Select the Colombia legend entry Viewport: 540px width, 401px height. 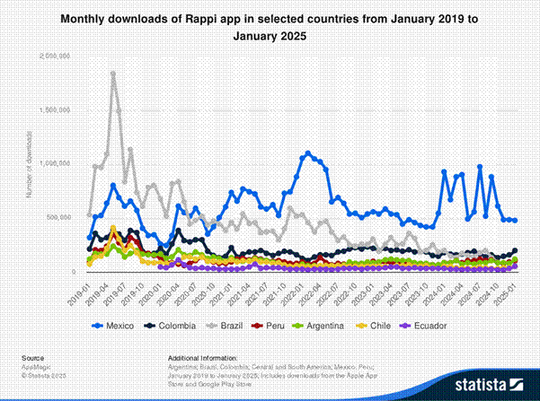(176, 325)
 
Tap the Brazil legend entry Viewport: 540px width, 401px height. (232, 325)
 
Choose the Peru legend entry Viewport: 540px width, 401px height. (279, 325)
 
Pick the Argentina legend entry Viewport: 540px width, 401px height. (328, 325)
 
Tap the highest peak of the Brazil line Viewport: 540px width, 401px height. (112, 74)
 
